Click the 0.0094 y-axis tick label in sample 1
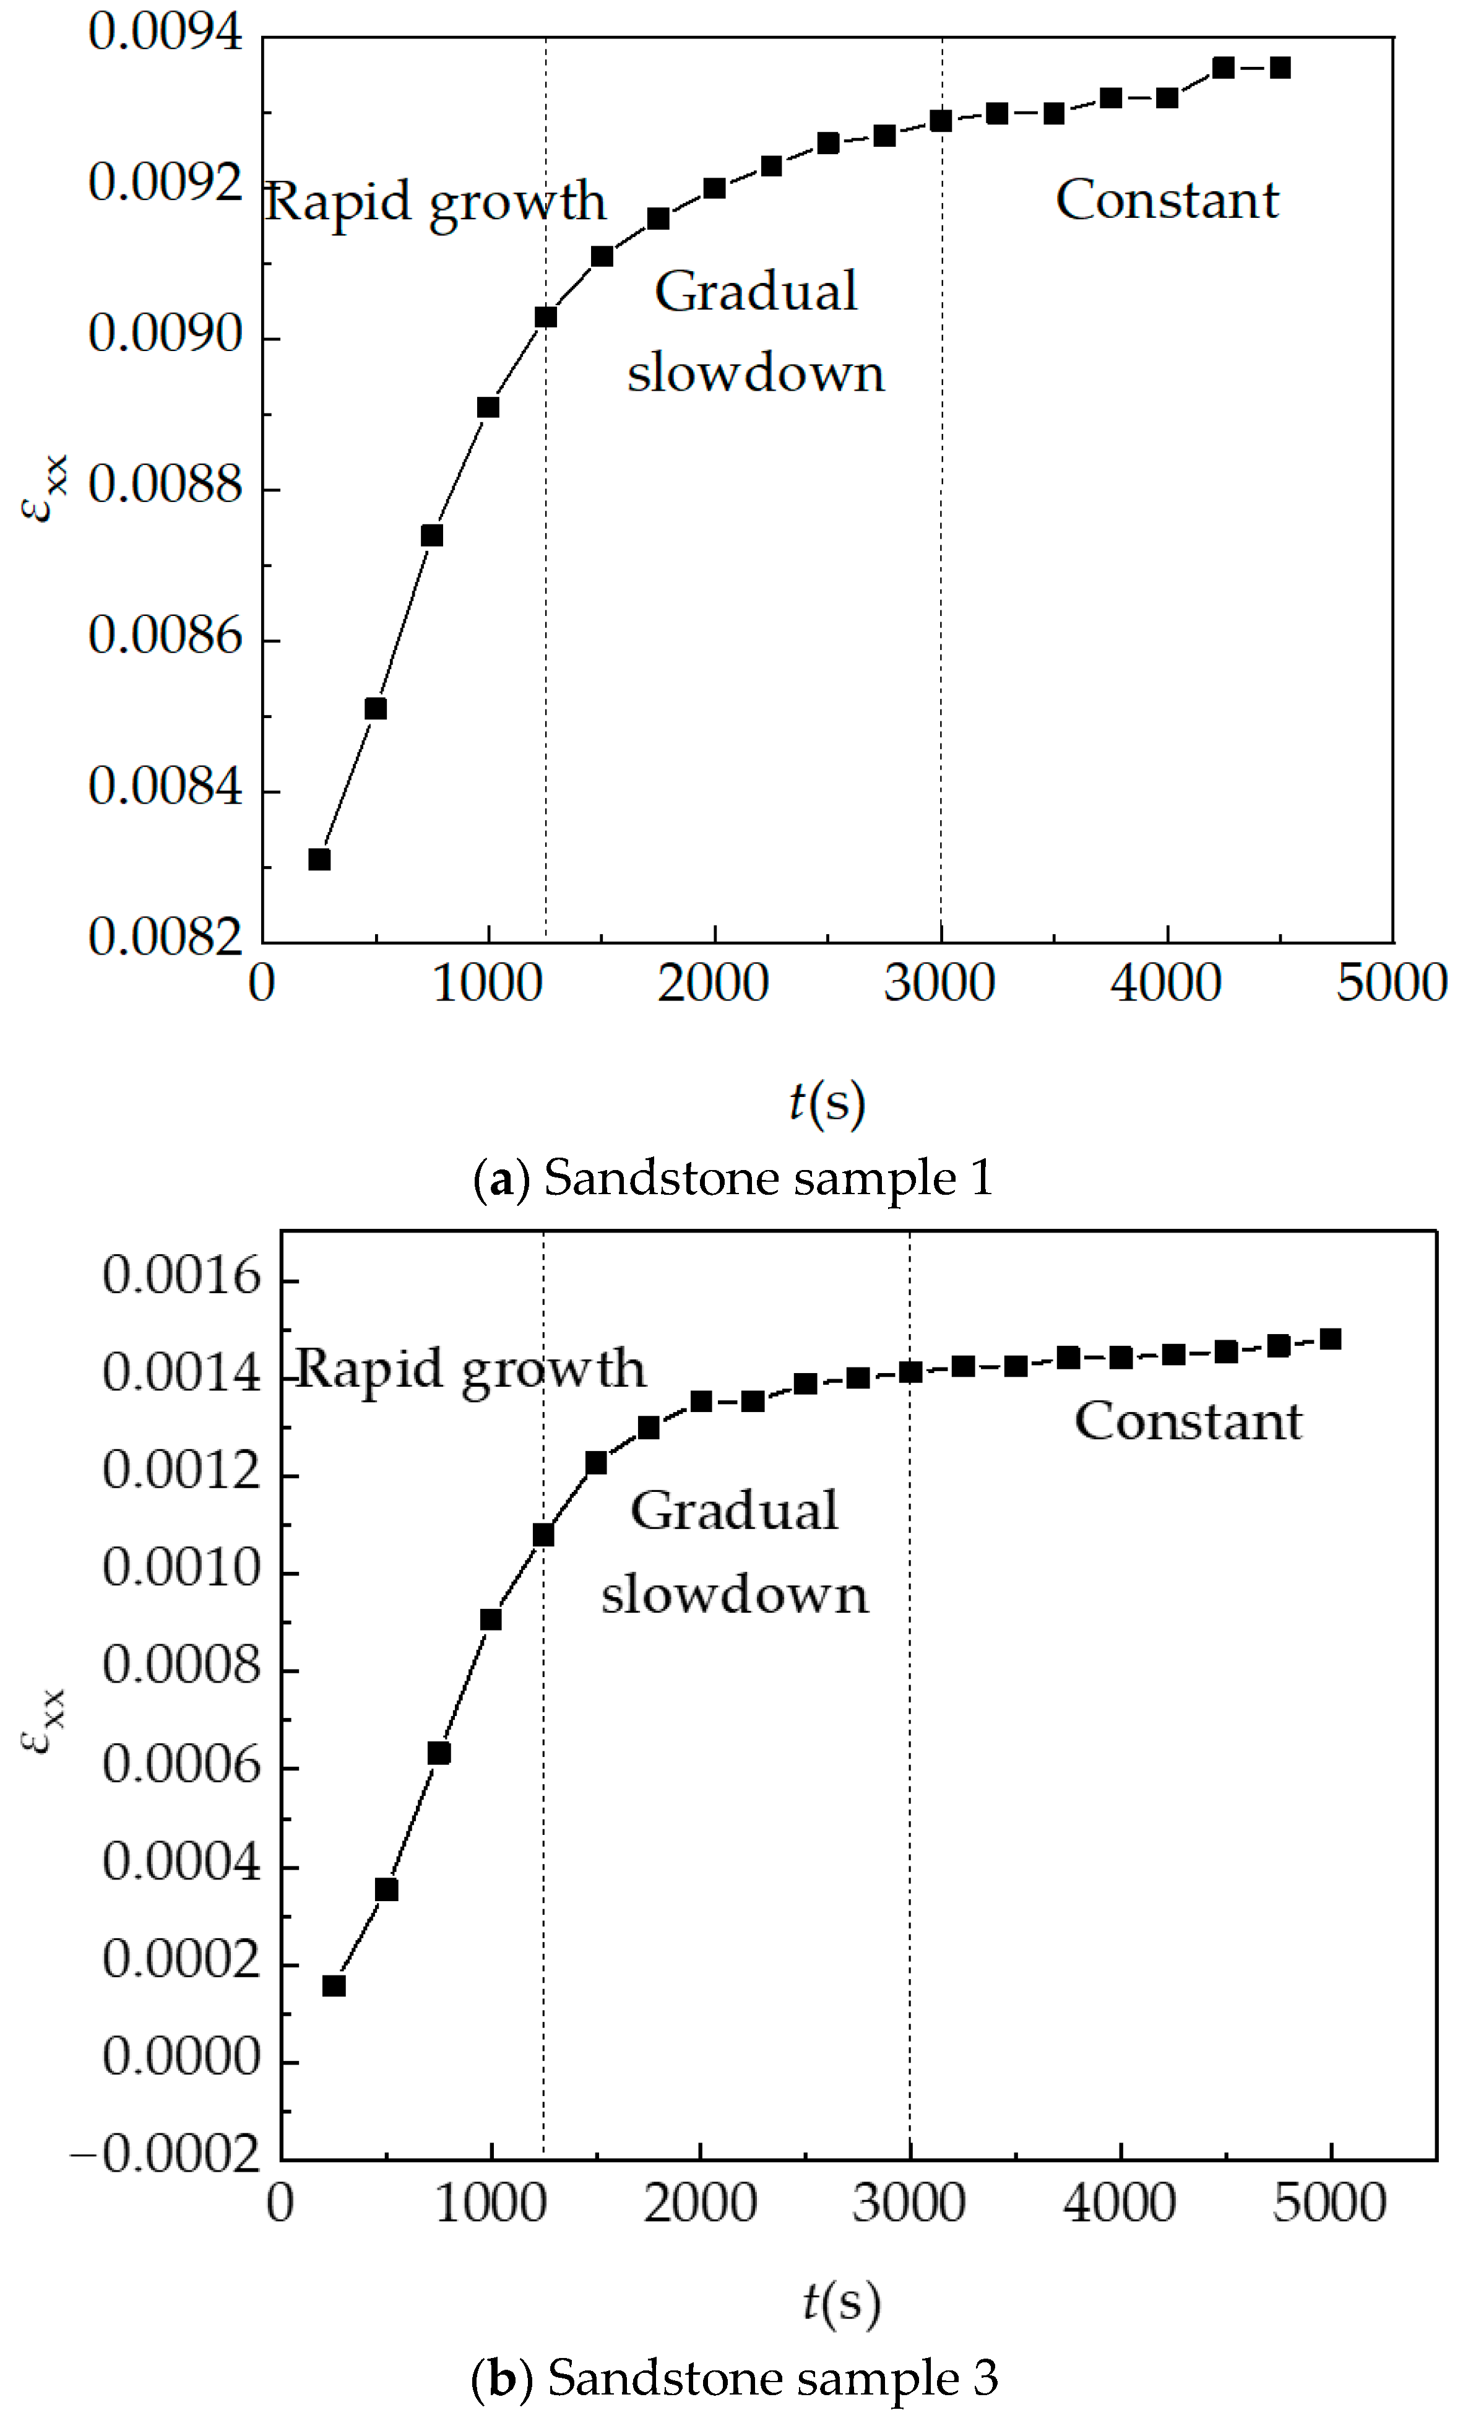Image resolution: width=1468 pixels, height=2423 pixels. tap(165, 32)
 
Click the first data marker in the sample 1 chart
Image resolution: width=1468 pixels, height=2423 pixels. tap(319, 859)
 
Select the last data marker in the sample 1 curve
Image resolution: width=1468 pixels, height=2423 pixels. tap(1280, 68)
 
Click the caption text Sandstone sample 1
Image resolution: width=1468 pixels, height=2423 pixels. tap(768, 1178)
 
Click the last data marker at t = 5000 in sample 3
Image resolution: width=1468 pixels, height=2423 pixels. tap(1331, 1340)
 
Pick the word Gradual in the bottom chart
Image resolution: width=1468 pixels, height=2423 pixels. tap(735, 1511)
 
